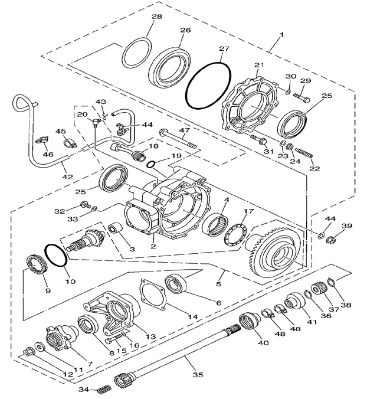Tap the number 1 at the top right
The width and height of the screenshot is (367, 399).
click(x=281, y=34)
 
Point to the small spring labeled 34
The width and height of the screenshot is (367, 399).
click(x=104, y=388)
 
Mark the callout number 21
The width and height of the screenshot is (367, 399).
click(x=258, y=64)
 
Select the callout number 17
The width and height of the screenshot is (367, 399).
click(x=248, y=211)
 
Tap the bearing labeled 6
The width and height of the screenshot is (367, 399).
click(x=176, y=283)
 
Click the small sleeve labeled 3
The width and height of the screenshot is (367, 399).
click(x=116, y=230)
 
